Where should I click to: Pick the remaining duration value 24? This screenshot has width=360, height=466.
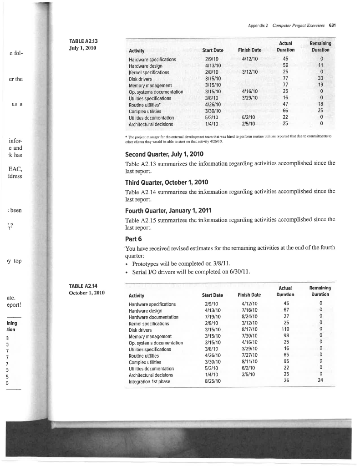(320, 381)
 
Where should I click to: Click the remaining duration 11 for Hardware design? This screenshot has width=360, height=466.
(320, 65)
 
